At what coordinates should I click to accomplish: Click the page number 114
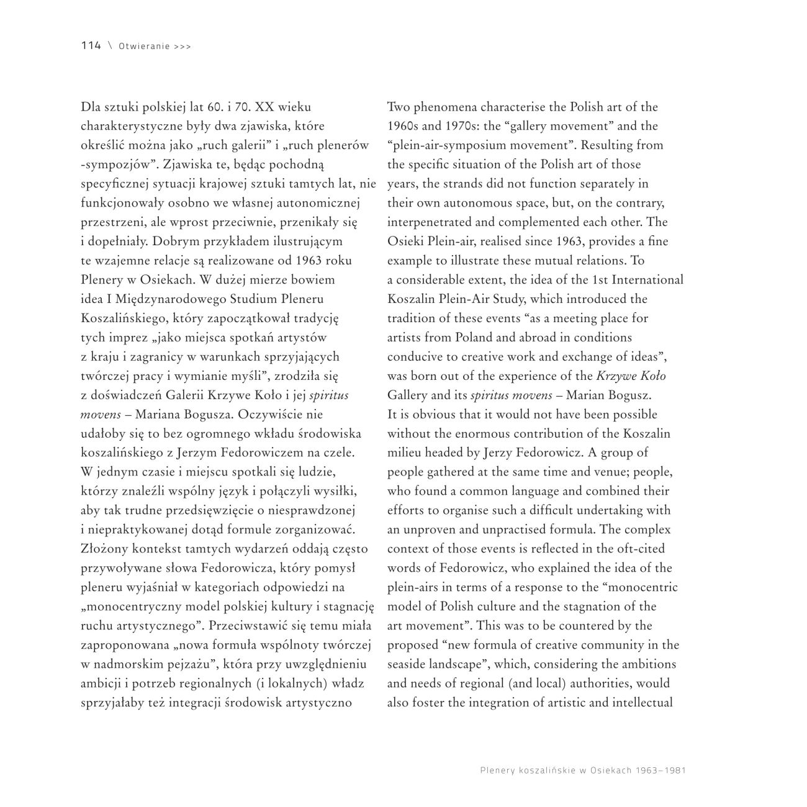click(x=91, y=46)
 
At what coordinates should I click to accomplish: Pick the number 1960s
click(x=404, y=126)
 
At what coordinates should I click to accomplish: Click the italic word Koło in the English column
click(x=651, y=376)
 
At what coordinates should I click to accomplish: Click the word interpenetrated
click(x=432, y=222)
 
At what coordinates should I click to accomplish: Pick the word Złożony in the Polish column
click(x=103, y=549)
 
